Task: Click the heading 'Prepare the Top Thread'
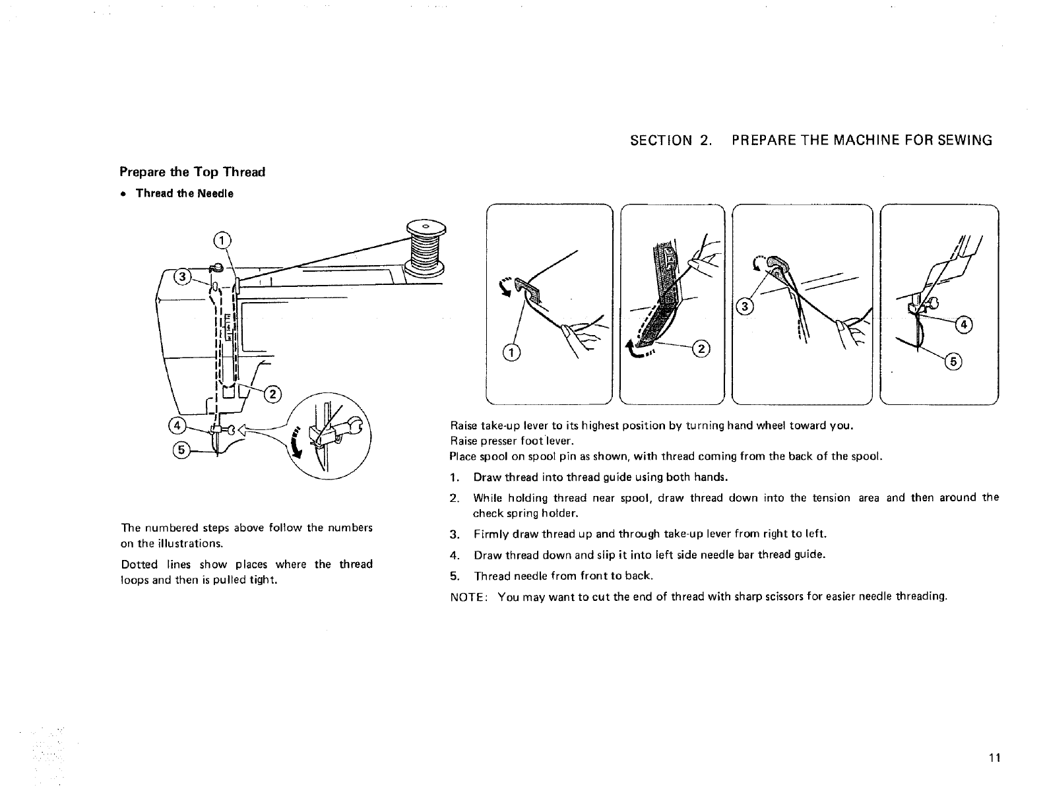pyautogui.click(x=192, y=172)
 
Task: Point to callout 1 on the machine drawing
pyautogui.click(x=224, y=239)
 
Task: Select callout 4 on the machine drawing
pyautogui.click(x=177, y=423)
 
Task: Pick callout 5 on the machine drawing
pyautogui.click(x=181, y=450)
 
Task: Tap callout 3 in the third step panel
pyautogui.click(x=745, y=307)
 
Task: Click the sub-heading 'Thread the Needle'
pyautogui.click(x=184, y=193)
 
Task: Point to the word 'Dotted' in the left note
pyautogui.click(x=139, y=565)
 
